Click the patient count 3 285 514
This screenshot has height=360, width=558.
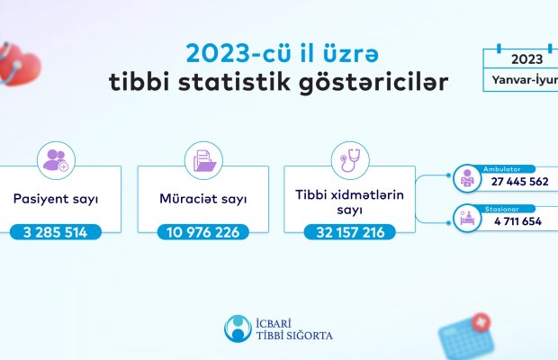coord(55,232)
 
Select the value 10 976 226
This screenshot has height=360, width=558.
coord(202,232)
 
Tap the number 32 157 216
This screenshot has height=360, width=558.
coord(350,232)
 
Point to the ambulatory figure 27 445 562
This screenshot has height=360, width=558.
coord(519,182)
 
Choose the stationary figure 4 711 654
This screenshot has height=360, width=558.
coord(517,221)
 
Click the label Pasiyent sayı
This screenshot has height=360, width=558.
coord(56,199)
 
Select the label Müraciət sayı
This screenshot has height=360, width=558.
coord(203,199)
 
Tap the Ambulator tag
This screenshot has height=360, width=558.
coord(502,169)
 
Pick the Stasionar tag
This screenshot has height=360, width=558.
coord(502,209)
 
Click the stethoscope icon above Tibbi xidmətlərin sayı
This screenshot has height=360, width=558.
coord(350,160)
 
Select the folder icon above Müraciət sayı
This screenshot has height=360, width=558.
coord(204,161)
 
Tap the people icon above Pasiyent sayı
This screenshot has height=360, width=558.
coord(56,160)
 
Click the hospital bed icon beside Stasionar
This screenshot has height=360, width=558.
coord(467,218)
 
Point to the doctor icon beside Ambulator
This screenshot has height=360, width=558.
coord(467,178)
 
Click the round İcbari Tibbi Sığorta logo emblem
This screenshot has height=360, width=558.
coord(238,328)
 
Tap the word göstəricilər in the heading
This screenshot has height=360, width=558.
coord(373,84)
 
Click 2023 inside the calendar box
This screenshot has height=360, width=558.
coord(527,59)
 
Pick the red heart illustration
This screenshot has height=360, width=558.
coord(20,65)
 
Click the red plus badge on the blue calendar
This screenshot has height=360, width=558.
coord(481,322)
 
